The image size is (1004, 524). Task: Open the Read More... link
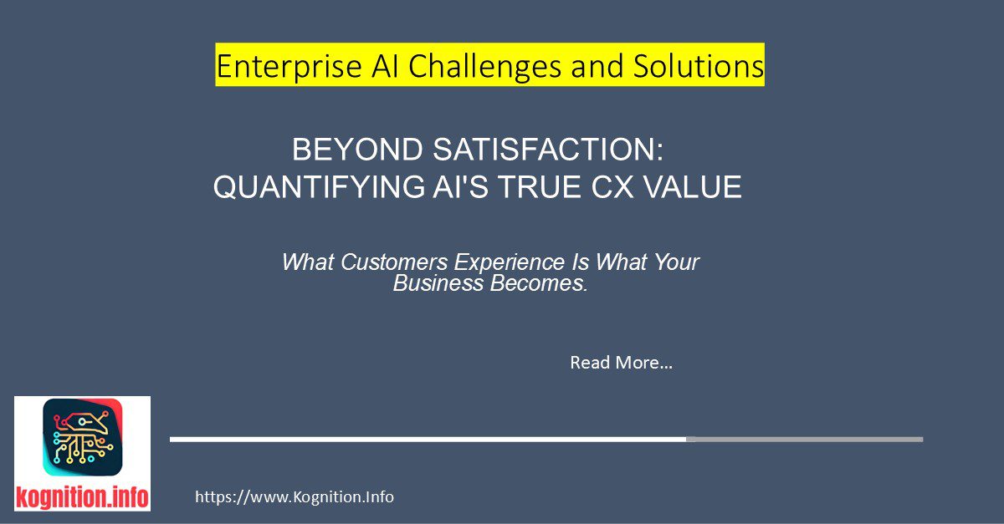point(621,363)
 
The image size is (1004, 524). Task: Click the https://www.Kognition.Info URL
point(294,497)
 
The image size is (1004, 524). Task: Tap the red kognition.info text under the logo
point(82,497)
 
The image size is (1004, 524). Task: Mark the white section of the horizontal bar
point(427,439)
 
